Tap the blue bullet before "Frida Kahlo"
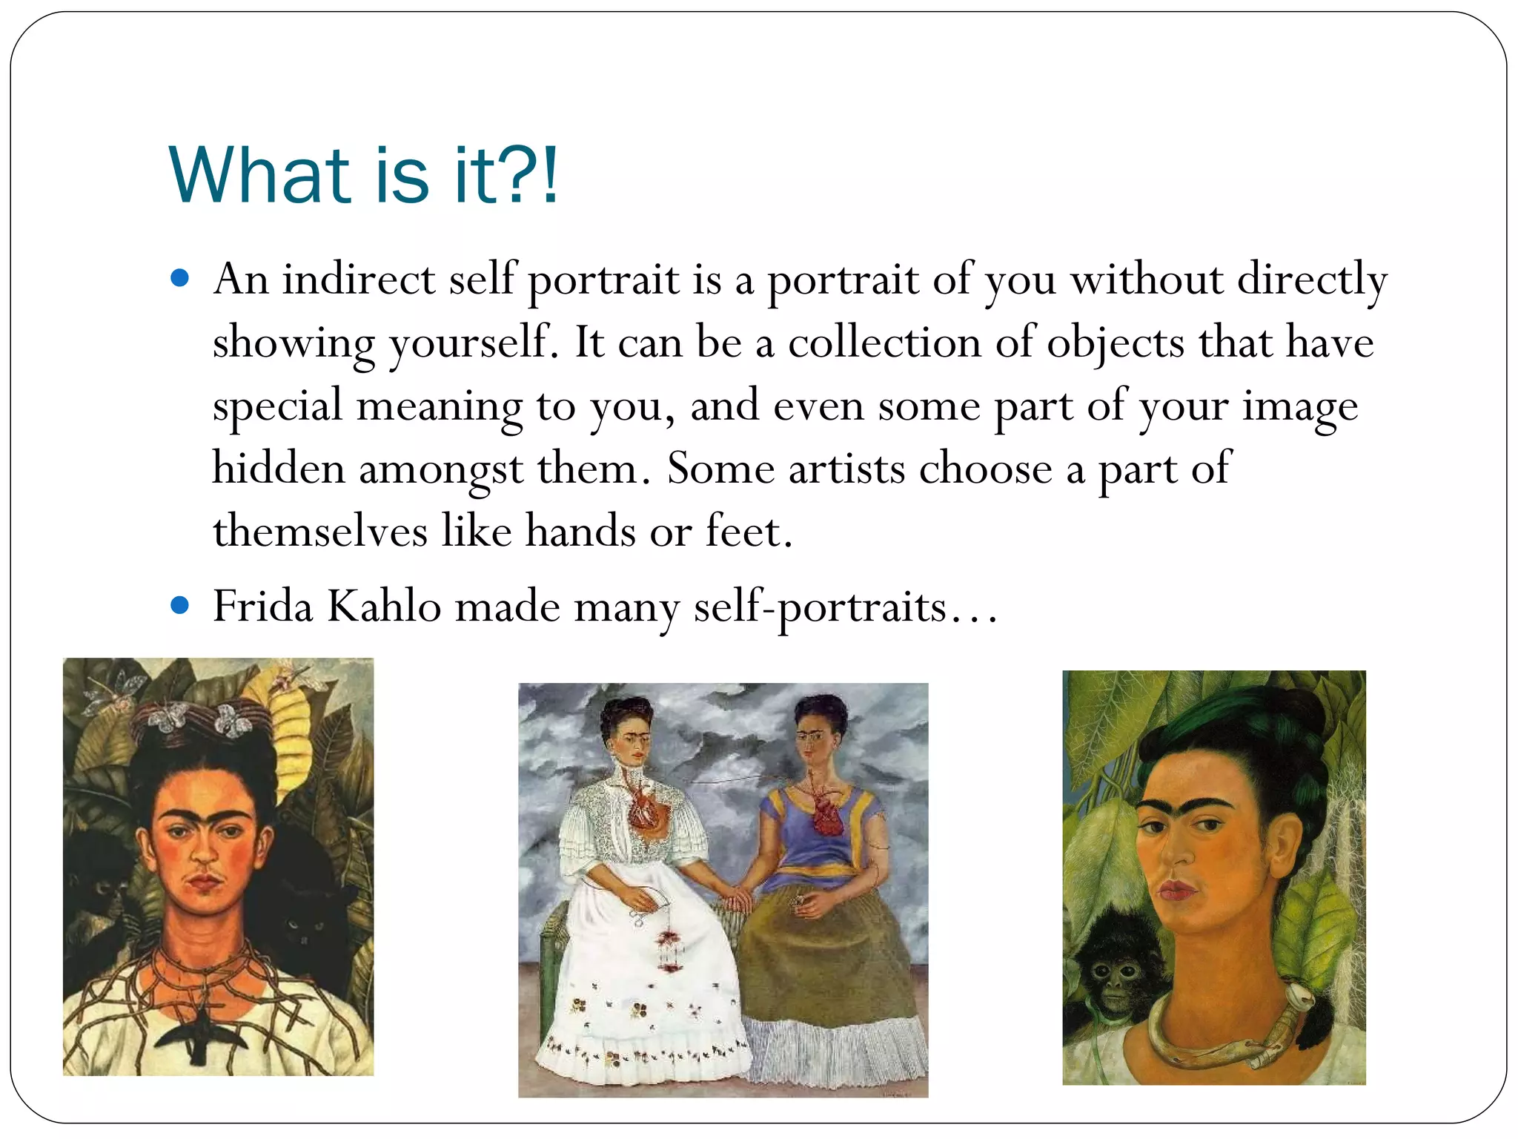pyautogui.click(x=179, y=605)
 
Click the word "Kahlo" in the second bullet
pyautogui.click(x=384, y=607)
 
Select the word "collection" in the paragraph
pyautogui.click(x=884, y=343)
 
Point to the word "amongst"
pyautogui.click(x=440, y=470)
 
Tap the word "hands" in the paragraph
pyautogui.click(x=580, y=532)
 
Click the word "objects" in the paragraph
pyautogui.click(x=1116, y=344)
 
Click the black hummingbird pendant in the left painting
pyautogui.click(x=199, y=1038)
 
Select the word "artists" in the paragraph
pyautogui.click(x=846, y=469)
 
